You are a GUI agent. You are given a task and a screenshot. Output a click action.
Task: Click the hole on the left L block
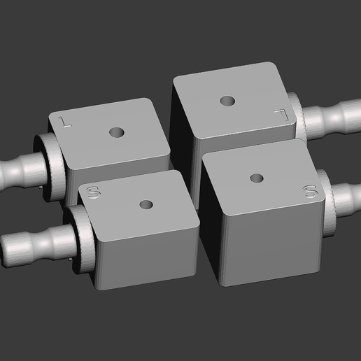[x=115, y=132]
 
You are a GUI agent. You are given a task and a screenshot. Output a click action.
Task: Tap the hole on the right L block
[x=227, y=101]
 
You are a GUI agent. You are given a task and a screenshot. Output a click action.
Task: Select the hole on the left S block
[x=146, y=205]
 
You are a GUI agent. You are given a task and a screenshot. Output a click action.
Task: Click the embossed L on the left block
[x=66, y=120]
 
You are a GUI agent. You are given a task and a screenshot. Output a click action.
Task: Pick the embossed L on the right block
[x=281, y=112]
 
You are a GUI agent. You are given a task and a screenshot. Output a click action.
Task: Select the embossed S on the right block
[x=309, y=190]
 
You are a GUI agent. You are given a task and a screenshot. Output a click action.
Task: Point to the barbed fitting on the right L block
[x=336, y=118]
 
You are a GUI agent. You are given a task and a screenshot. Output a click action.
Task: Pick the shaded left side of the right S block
[x=212, y=231]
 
